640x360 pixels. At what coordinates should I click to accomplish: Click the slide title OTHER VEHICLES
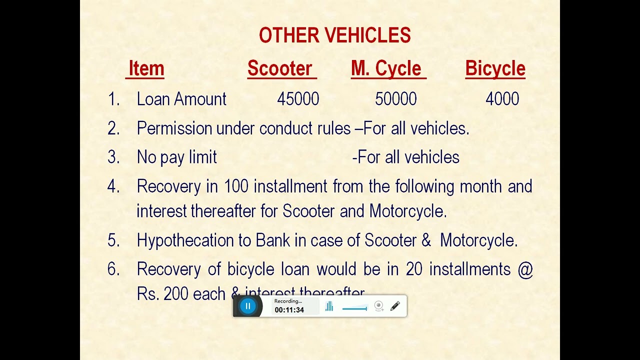pyautogui.click(x=334, y=35)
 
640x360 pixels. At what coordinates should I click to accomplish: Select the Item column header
pyautogui.click(x=146, y=68)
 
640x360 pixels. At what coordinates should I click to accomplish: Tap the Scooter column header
pyautogui.click(x=280, y=68)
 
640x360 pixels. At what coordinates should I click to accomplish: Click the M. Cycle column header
pyautogui.click(x=386, y=68)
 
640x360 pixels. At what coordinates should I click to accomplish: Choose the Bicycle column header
pyautogui.click(x=495, y=68)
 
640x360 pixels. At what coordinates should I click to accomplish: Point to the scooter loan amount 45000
pyautogui.click(x=298, y=99)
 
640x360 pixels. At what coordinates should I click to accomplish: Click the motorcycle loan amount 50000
pyautogui.click(x=395, y=99)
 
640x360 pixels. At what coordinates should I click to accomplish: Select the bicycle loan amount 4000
pyautogui.click(x=502, y=99)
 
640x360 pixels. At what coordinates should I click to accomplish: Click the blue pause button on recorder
pyautogui.click(x=247, y=306)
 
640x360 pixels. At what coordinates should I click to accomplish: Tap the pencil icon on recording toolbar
pyautogui.click(x=395, y=306)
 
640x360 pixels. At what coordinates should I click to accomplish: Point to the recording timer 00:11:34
pyautogui.click(x=289, y=310)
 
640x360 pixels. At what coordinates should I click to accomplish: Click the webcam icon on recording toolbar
pyautogui.click(x=379, y=306)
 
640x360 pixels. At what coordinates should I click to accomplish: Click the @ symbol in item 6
pyautogui.click(x=525, y=269)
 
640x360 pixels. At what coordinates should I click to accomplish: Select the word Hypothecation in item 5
pyautogui.click(x=185, y=240)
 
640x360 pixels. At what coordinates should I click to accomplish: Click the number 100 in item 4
pyautogui.click(x=236, y=186)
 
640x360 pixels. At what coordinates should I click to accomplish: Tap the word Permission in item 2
pyautogui.click(x=174, y=128)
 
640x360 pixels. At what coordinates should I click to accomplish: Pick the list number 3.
pyautogui.click(x=113, y=157)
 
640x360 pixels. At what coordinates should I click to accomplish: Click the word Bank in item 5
pyautogui.click(x=272, y=240)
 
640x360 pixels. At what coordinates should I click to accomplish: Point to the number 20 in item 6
pyautogui.click(x=414, y=269)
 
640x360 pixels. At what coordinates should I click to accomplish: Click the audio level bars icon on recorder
pyautogui.click(x=329, y=306)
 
